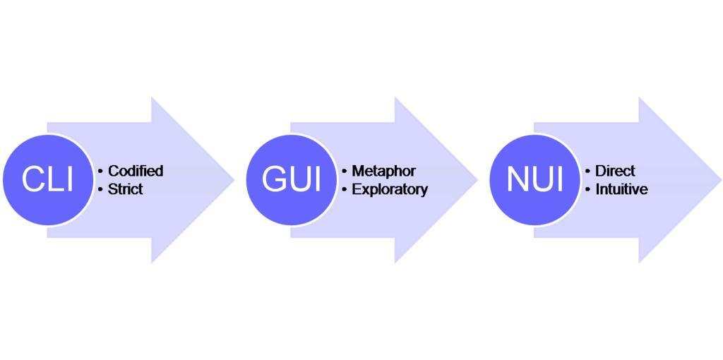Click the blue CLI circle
pos(47,179)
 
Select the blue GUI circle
pos(291,179)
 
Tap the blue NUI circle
pos(534,179)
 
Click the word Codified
pos(136,171)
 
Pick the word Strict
pos(125,189)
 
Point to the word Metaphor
pos(383,171)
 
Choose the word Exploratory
pos(390,189)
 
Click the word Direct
pos(615,171)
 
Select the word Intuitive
pos(621,189)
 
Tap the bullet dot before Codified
pos(101,171)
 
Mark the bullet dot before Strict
pos(101,189)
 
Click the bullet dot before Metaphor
pos(345,171)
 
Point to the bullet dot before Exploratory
pos(345,189)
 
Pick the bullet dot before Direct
pos(588,171)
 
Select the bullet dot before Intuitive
pos(588,189)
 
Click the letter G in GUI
pos(273,179)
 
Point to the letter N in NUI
pos(517,179)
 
